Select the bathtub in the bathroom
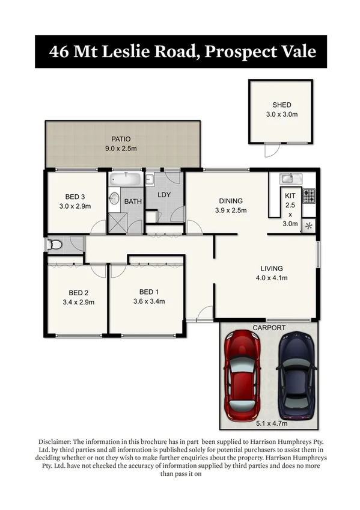[x=126, y=179]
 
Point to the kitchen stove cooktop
[x=308, y=195]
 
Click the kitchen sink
[x=287, y=178]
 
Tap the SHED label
[x=281, y=105]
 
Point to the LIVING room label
[x=272, y=268]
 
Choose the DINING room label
[x=231, y=201]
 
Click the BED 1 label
[x=147, y=292]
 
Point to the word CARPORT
[x=269, y=328]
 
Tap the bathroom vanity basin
[x=114, y=199]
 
